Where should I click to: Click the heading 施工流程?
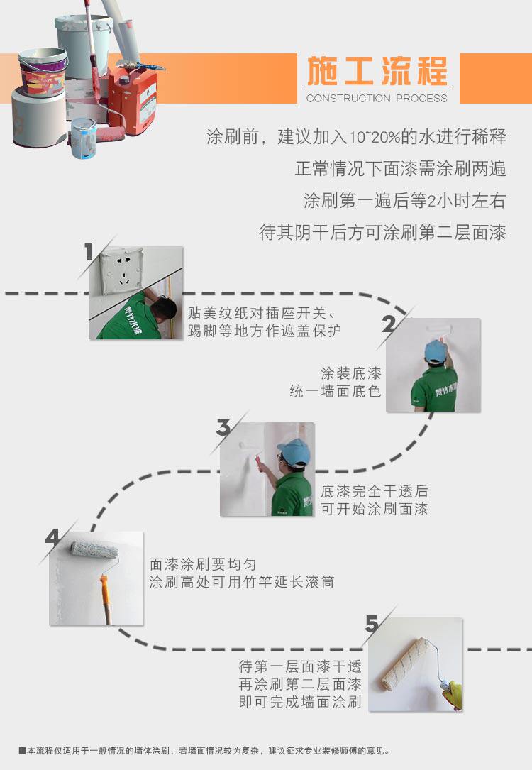377,72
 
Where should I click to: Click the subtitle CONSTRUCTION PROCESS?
377,99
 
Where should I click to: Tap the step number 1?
89,252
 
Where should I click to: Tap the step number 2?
389,324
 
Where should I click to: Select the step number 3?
223,428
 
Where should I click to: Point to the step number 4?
52,537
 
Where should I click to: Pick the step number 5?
372,625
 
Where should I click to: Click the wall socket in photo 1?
121,266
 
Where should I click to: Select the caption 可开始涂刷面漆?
375,508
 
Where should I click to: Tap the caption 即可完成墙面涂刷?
300,703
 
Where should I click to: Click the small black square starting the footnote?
23,750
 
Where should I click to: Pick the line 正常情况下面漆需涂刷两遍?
400,169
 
